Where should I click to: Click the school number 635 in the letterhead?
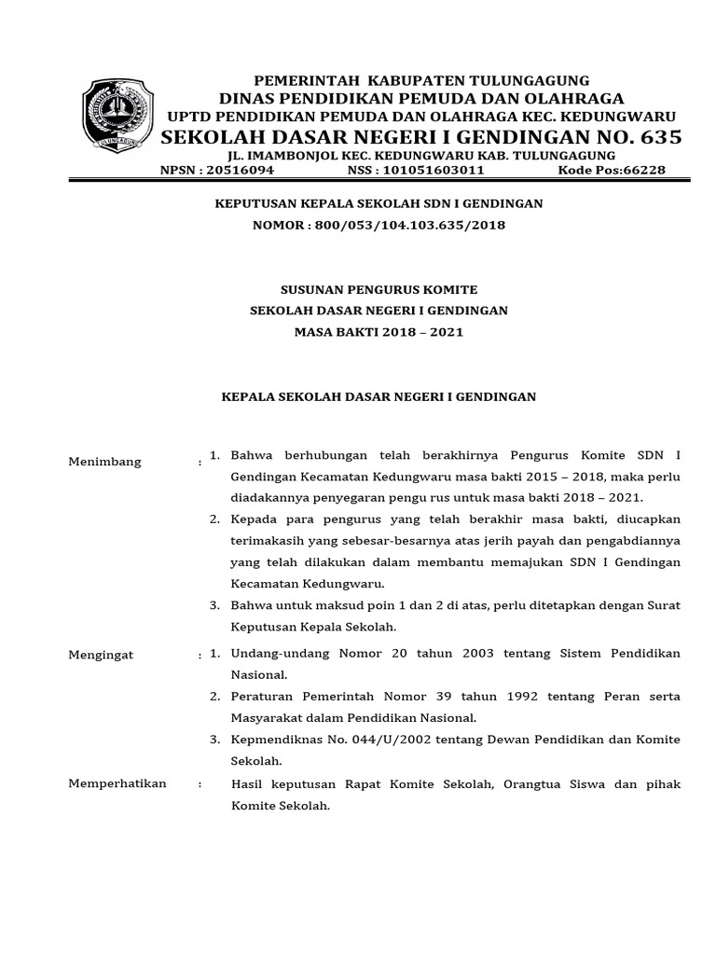click(x=650, y=138)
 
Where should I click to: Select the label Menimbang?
click(x=105, y=462)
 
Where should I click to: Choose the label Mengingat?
click(x=102, y=655)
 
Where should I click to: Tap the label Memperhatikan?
click(x=117, y=783)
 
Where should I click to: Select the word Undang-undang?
click(x=277, y=654)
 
